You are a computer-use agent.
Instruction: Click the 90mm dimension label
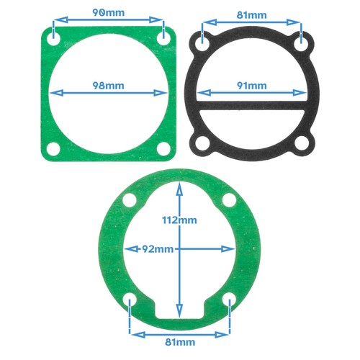[x=108, y=14]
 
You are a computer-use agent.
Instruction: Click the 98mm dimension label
[x=109, y=85]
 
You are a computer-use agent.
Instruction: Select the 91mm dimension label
[x=251, y=85]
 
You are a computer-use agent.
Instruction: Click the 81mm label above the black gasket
[x=251, y=14]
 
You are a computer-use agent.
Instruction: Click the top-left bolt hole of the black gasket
[x=204, y=42]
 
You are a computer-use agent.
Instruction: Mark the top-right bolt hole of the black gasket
[x=300, y=42]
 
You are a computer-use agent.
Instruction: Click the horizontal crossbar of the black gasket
[x=252, y=109]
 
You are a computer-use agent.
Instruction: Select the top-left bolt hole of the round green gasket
[x=130, y=199]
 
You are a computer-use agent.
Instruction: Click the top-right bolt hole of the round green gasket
[x=230, y=199]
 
